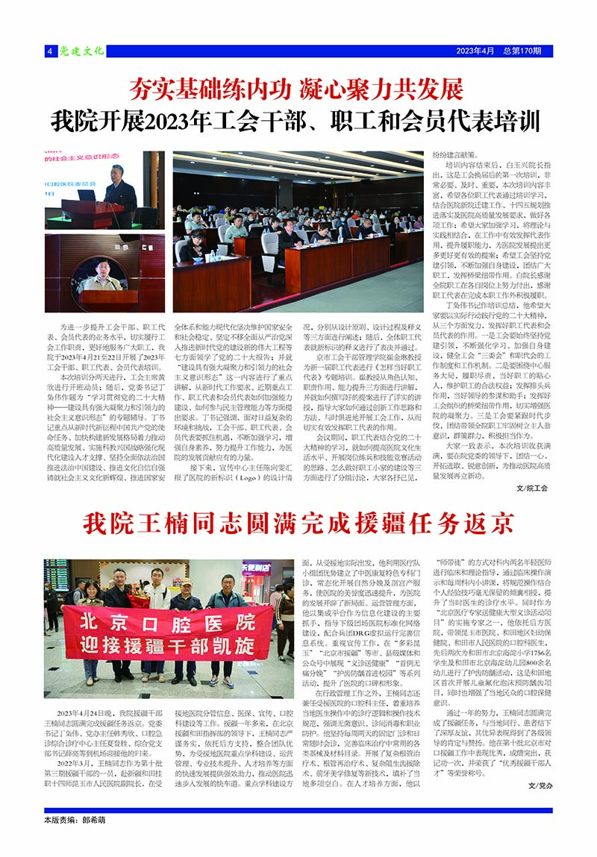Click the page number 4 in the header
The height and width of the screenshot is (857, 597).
coord(49,51)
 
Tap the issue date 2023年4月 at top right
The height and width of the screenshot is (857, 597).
coord(475,51)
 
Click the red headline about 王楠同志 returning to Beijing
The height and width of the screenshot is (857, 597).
coord(298,522)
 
